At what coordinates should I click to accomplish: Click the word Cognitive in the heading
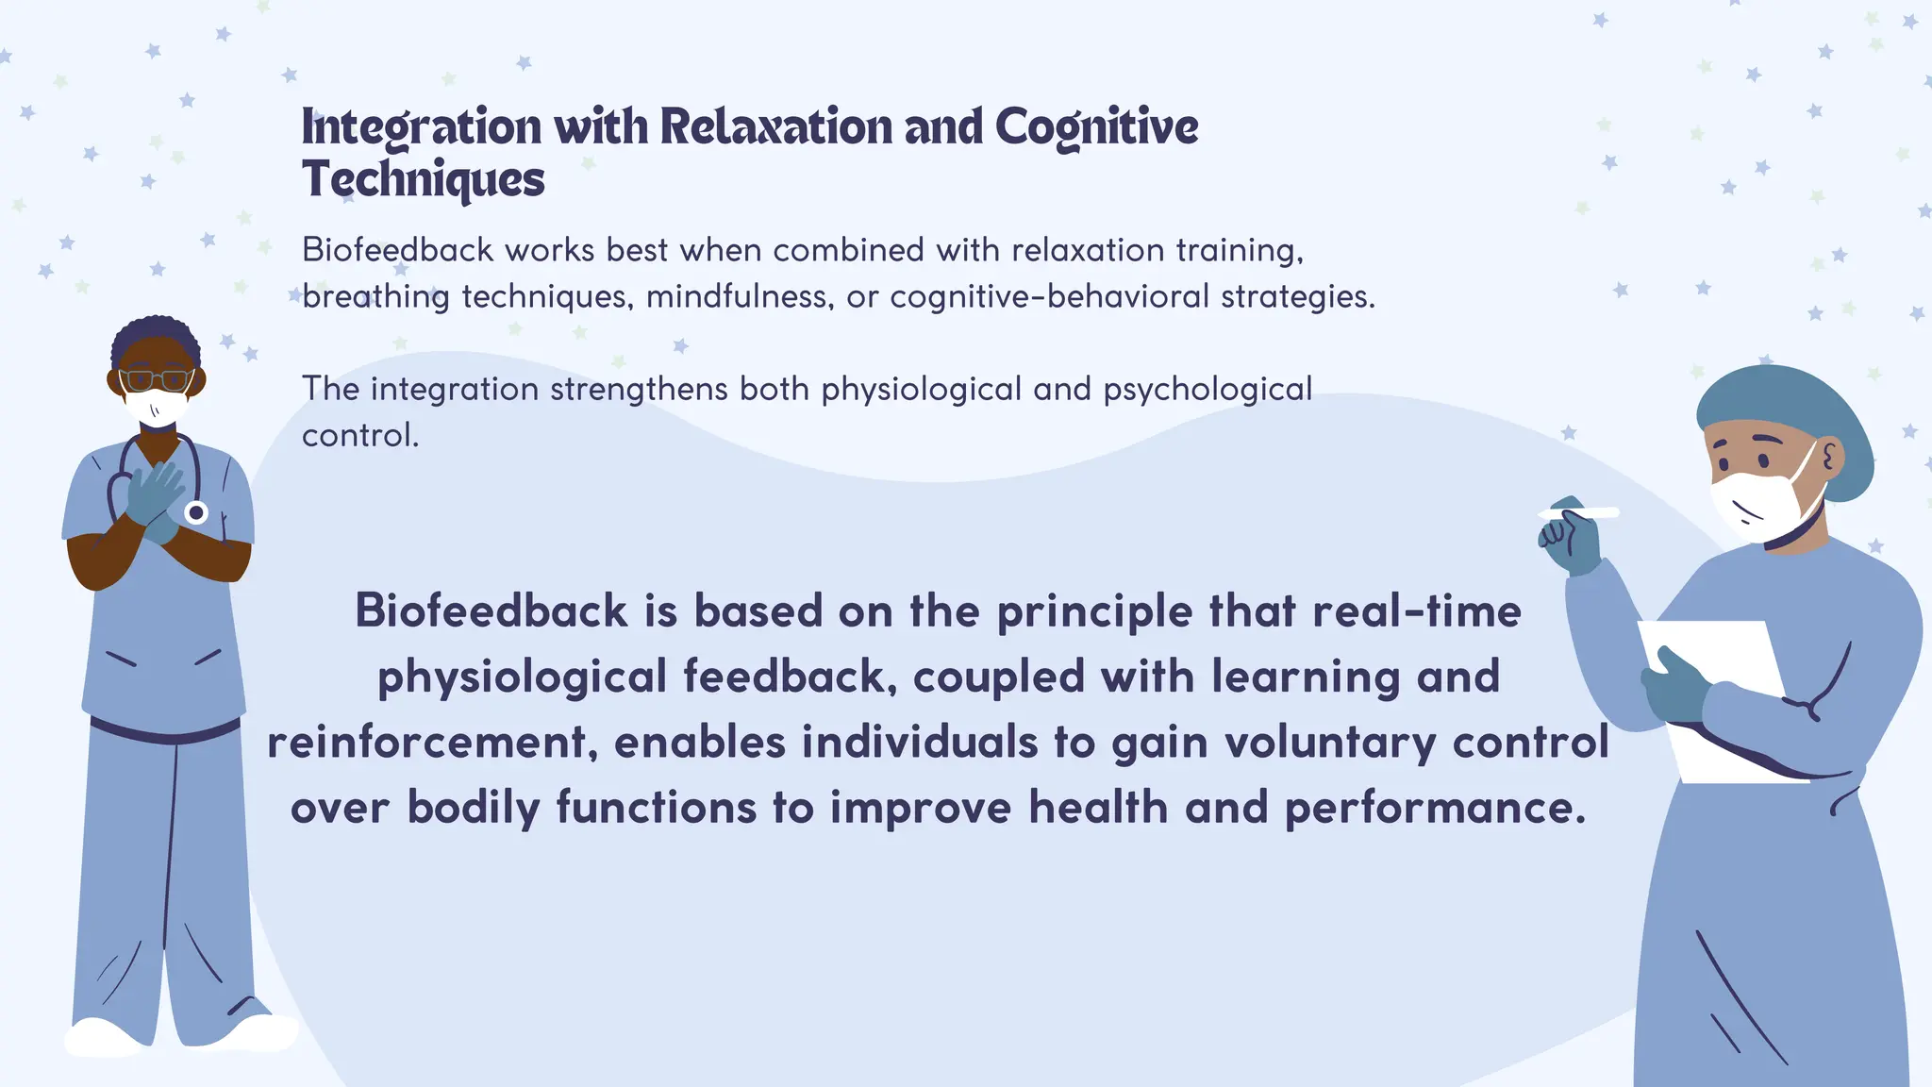1096,127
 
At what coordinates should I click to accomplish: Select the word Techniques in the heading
423,179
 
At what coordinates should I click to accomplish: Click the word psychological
1207,389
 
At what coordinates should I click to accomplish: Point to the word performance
1435,808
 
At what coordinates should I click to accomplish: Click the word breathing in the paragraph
375,297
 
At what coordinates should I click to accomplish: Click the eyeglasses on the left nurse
157,380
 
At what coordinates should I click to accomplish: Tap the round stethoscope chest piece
196,512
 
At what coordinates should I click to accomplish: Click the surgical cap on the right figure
1783,415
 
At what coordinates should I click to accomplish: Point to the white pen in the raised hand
1580,512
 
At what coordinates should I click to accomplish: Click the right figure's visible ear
1830,459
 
